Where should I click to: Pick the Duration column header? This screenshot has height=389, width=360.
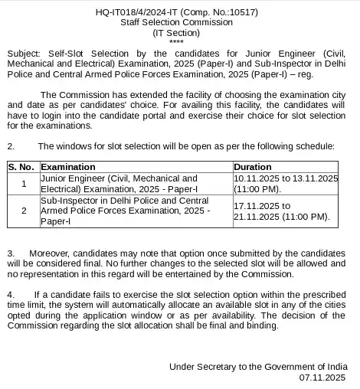pyautogui.click(x=253, y=166)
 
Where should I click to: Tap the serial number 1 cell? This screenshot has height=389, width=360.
pyautogui.click(x=24, y=183)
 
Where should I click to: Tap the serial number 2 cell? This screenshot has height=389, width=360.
pyautogui.click(x=24, y=211)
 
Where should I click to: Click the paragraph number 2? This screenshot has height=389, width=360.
pyautogui.click(x=11, y=145)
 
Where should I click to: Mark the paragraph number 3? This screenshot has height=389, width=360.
pyautogui.click(x=11, y=252)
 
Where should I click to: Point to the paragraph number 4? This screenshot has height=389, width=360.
pyautogui.click(x=11, y=295)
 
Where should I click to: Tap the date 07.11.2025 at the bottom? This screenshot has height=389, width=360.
pyautogui.click(x=328, y=377)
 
